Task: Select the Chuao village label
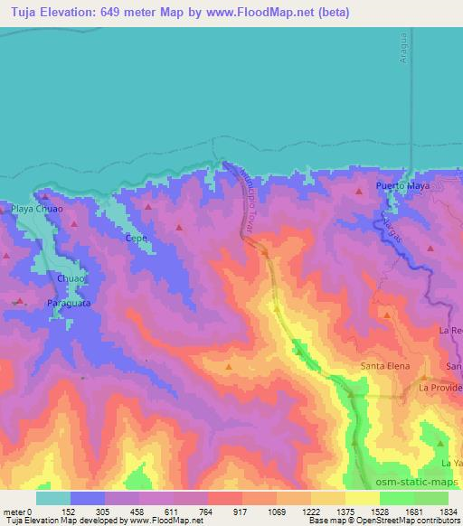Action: (71, 279)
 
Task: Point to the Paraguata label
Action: (69, 305)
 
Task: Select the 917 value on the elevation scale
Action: (242, 512)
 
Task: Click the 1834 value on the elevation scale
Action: (448, 512)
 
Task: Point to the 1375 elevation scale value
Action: (345, 512)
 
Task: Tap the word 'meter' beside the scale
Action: (15, 512)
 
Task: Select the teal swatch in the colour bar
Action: (53, 497)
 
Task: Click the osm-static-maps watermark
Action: (418, 480)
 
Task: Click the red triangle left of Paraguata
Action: (19, 301)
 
